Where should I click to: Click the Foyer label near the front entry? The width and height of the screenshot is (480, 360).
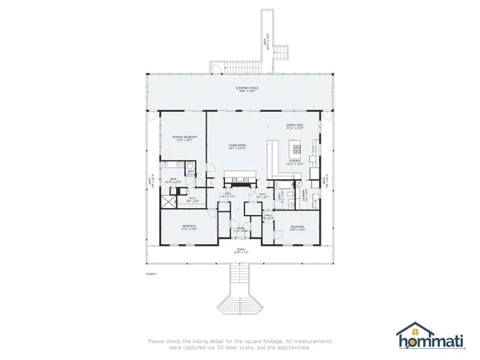[239, 228]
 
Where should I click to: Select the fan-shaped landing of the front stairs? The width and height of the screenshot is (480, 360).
[239, 304]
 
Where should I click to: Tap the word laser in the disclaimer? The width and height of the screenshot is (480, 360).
[252, 348]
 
